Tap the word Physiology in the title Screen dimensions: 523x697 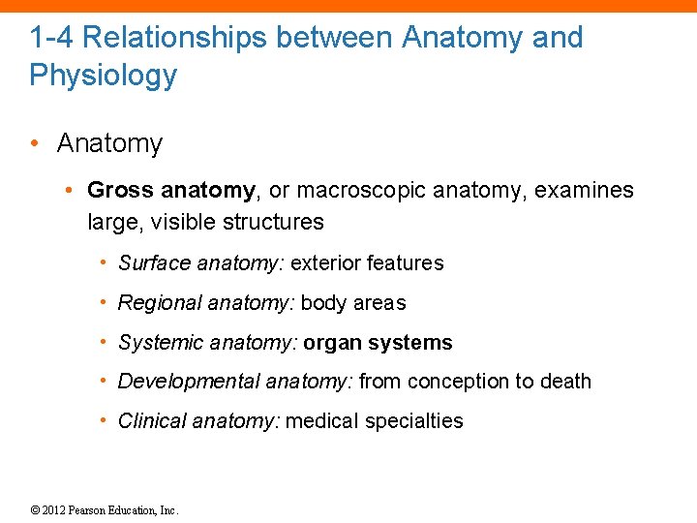[x=104, y=76]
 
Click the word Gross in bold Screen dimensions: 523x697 [x=120, y=190]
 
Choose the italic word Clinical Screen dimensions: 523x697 [x=152, y=421]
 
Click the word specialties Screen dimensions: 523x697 [x=416, y=421]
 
